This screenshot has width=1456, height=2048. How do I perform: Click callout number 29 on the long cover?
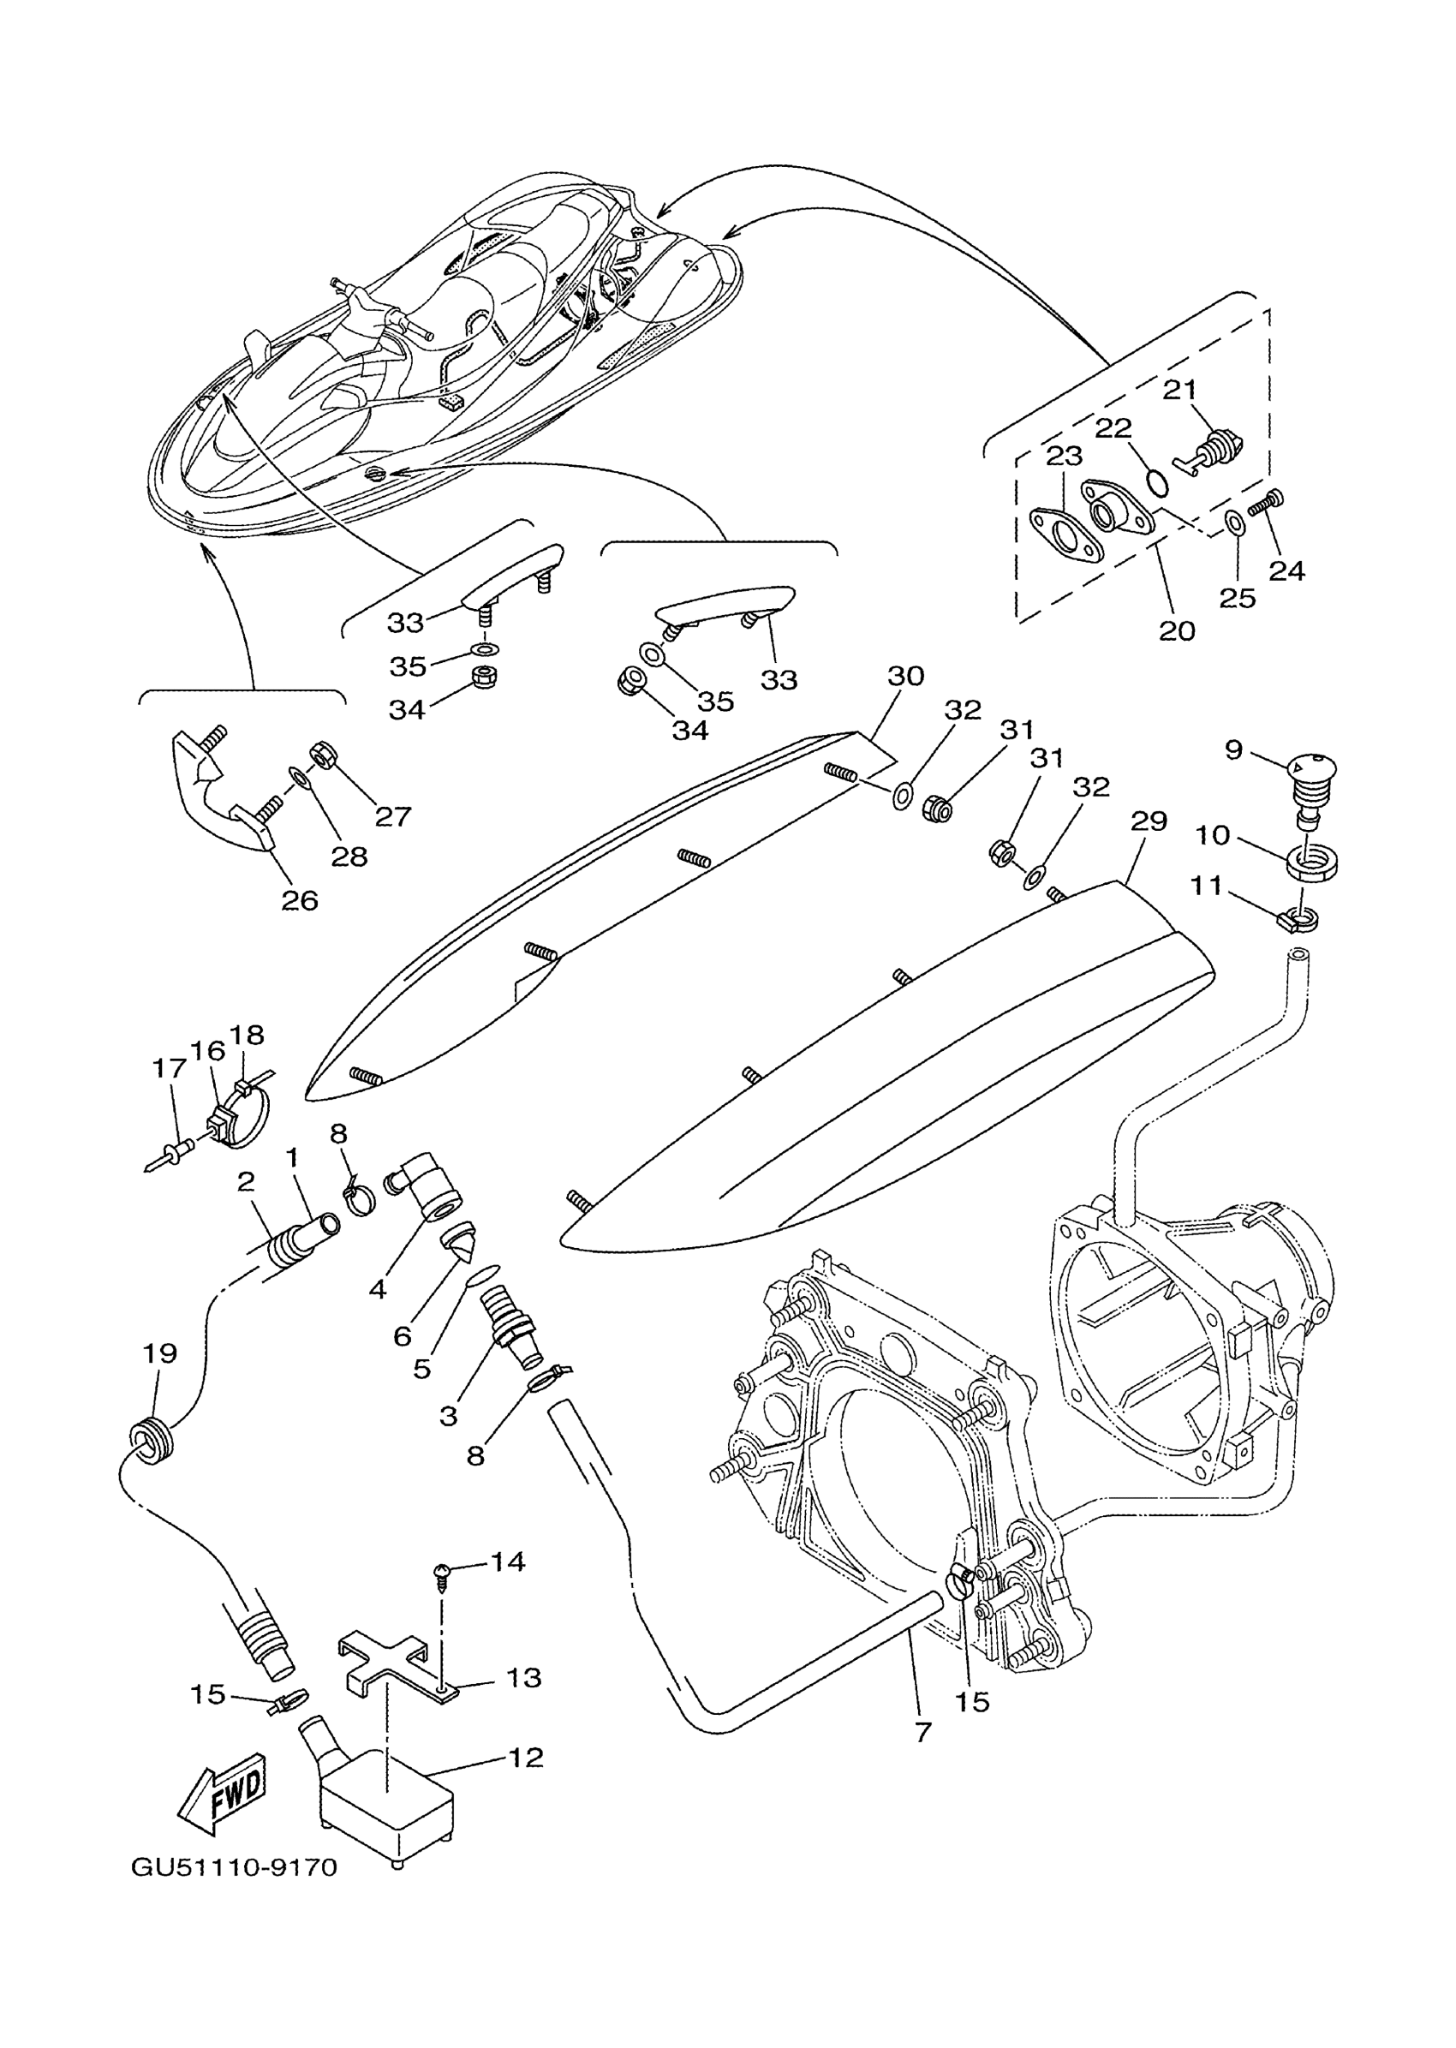[x=1149, y=821]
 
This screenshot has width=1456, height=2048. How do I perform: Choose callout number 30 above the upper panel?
[x=905, y=676]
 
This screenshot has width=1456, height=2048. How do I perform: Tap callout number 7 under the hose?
[x=923, y=1733]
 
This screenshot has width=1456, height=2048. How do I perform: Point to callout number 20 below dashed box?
[x=1177, y=631]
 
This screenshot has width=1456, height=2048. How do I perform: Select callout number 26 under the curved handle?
[x=300, y=900]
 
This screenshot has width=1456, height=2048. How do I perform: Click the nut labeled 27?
[x=320, y=755]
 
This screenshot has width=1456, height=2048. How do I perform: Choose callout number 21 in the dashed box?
[x=1180, y=390]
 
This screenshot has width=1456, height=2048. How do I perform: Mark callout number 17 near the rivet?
[x=169, y=1067]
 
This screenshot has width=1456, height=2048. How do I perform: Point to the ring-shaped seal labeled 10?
[x=1315, y=863]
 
